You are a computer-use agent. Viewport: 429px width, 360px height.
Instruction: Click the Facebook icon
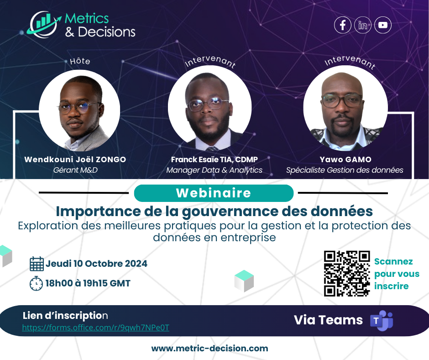coord(342,25)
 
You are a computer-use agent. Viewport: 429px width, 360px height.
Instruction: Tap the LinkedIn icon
coord(362,25)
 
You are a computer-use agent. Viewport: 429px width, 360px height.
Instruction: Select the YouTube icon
coord(383,25)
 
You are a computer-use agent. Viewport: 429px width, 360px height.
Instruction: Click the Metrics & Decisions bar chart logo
coord(44,24)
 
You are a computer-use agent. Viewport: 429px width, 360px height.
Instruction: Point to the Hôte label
coord(80,61)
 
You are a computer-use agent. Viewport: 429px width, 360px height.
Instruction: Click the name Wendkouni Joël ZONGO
coord(75,159)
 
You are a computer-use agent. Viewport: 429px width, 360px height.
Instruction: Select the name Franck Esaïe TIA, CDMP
coord(214,159)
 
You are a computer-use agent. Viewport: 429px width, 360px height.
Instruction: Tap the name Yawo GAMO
coord(345,159)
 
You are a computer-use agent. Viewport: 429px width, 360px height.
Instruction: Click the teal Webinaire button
coord(214,193)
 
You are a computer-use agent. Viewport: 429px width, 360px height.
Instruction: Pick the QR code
coord(347,273)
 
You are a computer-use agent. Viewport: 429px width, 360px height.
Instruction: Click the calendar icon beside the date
coord(37,264)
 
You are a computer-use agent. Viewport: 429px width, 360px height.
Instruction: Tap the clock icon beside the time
coord(36,283)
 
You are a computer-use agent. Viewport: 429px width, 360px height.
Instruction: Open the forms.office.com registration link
coord(96,328)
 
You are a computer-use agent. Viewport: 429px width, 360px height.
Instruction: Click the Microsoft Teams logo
coord(382,320)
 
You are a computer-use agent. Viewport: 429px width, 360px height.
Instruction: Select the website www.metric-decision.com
coord(209,349)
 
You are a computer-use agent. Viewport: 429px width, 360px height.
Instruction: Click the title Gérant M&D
coord(75,170)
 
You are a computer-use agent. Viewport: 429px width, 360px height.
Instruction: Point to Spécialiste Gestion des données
coord(345,170)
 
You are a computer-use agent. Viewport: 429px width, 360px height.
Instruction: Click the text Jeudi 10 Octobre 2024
coord(96,264)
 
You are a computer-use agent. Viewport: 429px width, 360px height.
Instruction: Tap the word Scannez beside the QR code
coord(393,262)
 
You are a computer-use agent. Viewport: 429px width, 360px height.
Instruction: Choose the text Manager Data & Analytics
coord(214,170)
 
